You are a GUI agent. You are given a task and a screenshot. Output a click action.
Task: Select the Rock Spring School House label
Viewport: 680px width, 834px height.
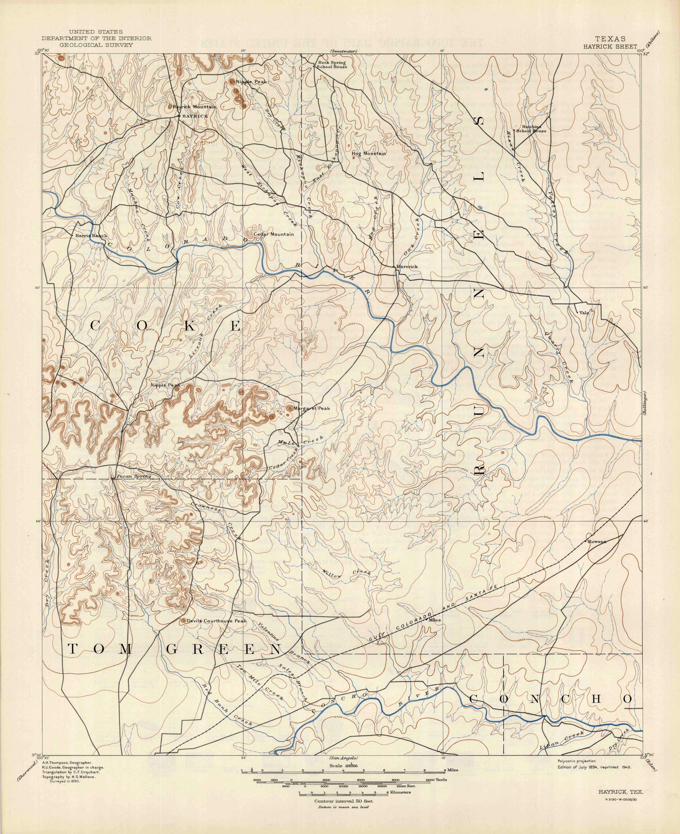click(332, 65)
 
